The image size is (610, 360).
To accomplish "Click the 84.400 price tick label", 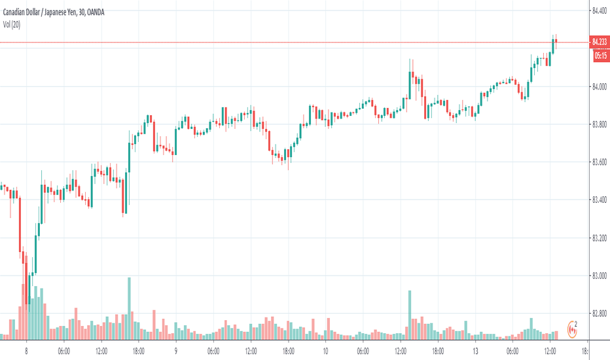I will pyautogui.click(x=600, y=10).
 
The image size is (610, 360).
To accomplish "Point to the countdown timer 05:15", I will pyautogui.click(x=600, y=56).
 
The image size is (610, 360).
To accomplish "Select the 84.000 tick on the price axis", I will pyautogui.click(x=600, y=86).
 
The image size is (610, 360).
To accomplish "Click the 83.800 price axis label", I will pyautogui.click(x=600, y=124).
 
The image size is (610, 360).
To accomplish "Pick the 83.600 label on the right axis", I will pyautogui.click(x=600, y=162).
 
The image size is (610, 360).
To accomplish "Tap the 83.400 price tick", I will pyautogui.click(x=600, y=200).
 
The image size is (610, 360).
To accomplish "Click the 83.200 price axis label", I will pyautogui.click(x=600, y=238).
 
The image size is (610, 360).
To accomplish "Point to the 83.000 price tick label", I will pyautogui.click(x=600, y=276).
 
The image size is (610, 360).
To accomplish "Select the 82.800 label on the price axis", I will pyautogui.click(x=600, y=314).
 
